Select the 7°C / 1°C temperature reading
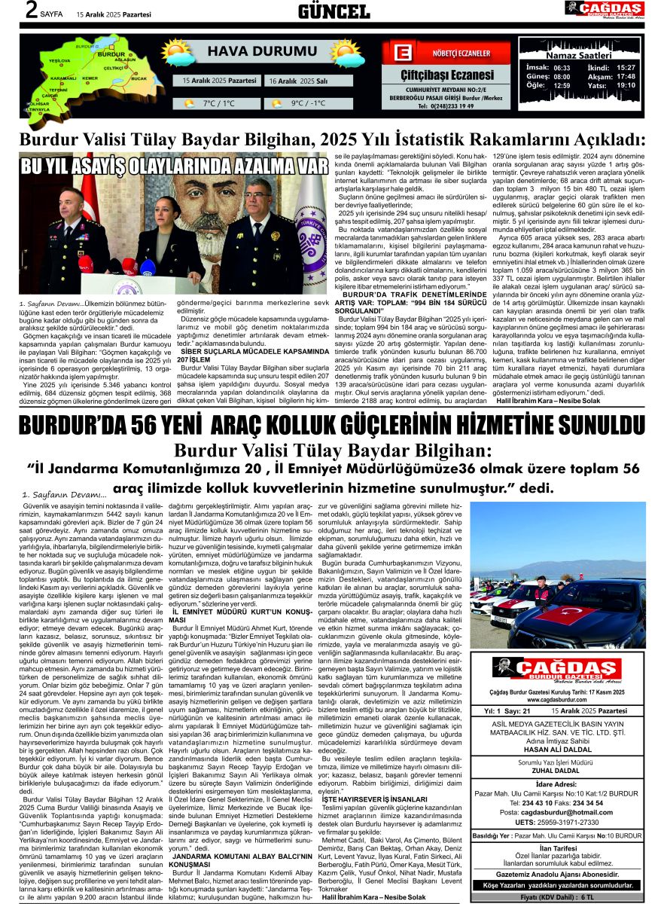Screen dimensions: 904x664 tap(218, 103)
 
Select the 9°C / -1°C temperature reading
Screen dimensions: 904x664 tap(308, 103)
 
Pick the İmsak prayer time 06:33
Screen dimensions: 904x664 tap(562, 67)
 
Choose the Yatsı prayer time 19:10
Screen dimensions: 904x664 tap(626, 85)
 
